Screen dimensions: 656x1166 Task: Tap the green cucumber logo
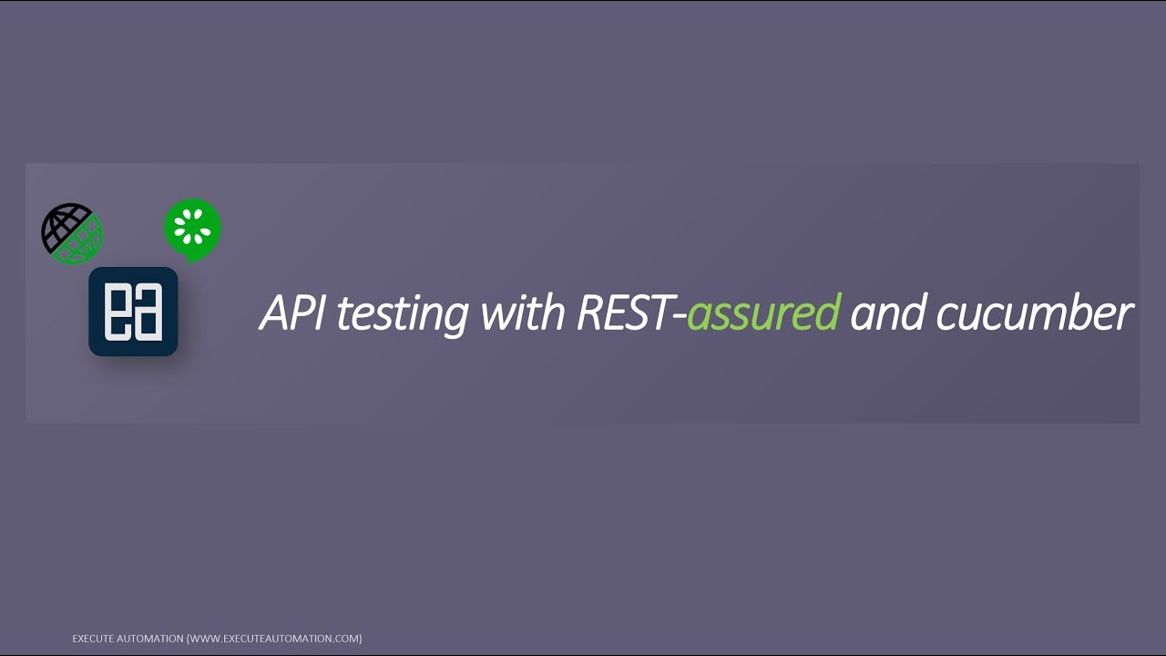(193, 230)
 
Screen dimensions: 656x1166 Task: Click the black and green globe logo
(72, 233)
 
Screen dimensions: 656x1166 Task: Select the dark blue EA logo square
(133, 312)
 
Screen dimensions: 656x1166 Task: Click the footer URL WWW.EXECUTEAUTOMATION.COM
(274, 639)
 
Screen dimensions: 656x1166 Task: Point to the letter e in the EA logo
(117, 313)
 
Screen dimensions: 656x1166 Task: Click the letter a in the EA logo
(148, 313)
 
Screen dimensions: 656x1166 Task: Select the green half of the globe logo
(84, 244)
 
